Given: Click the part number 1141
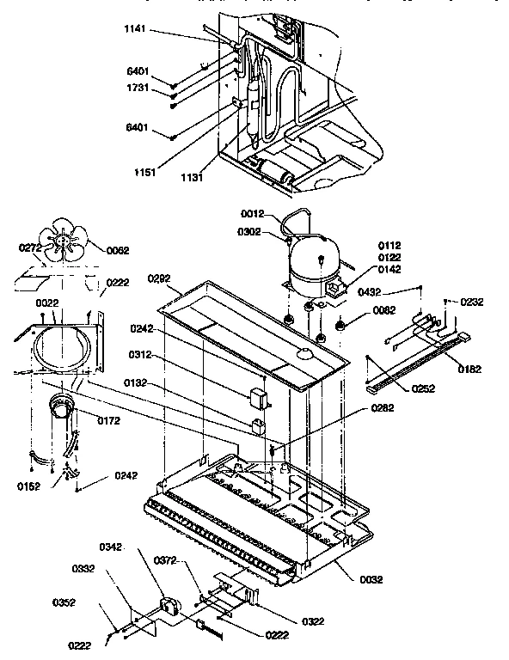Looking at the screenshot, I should [136, 30].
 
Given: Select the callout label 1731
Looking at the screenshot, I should [138, 89].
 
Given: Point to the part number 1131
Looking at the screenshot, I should [193, 178].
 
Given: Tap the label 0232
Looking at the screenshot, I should [472, 302].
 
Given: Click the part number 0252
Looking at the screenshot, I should [422, 388].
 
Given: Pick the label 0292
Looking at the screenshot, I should [160, 278].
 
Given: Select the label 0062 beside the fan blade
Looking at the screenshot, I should [119, 251].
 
